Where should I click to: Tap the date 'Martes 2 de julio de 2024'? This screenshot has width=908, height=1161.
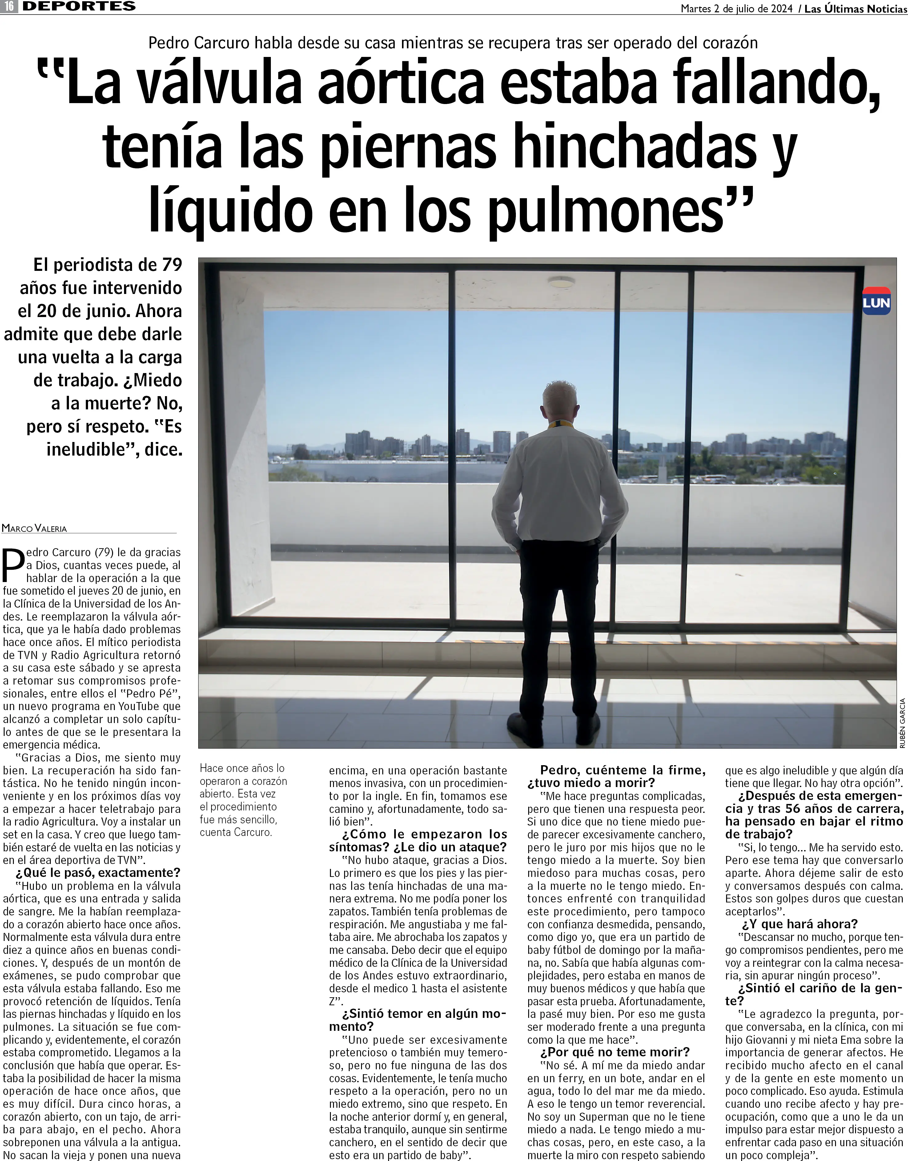(737, 9)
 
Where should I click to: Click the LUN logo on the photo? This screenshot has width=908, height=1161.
(876, 301)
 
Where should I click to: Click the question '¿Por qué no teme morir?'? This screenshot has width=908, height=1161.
(615, 1052)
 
